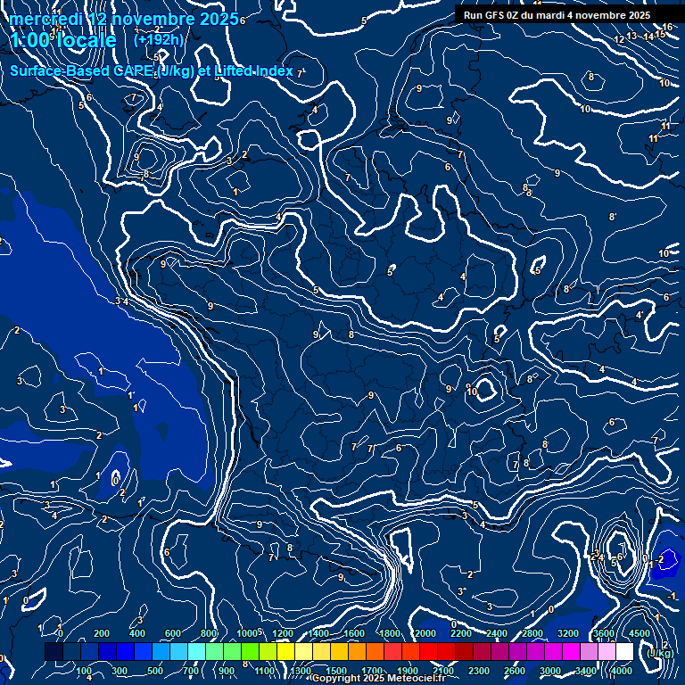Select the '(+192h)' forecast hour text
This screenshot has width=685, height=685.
tap(158, 39)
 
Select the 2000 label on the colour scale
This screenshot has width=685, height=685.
tap(425, 633)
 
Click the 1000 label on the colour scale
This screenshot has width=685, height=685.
tap(246, 633)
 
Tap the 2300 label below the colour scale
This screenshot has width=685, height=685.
tap(479, 671)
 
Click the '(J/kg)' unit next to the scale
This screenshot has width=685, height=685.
tap(661, 654)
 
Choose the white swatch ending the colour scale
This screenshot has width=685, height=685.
tap(624, 652)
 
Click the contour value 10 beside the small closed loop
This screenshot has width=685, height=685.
tap(474, 392)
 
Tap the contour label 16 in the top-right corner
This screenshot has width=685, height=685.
tap(668, 28)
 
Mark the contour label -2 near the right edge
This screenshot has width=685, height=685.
tap(660, 559)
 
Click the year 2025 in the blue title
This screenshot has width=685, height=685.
tap(217, 19)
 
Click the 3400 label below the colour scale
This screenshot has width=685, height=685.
tap(586, 671)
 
